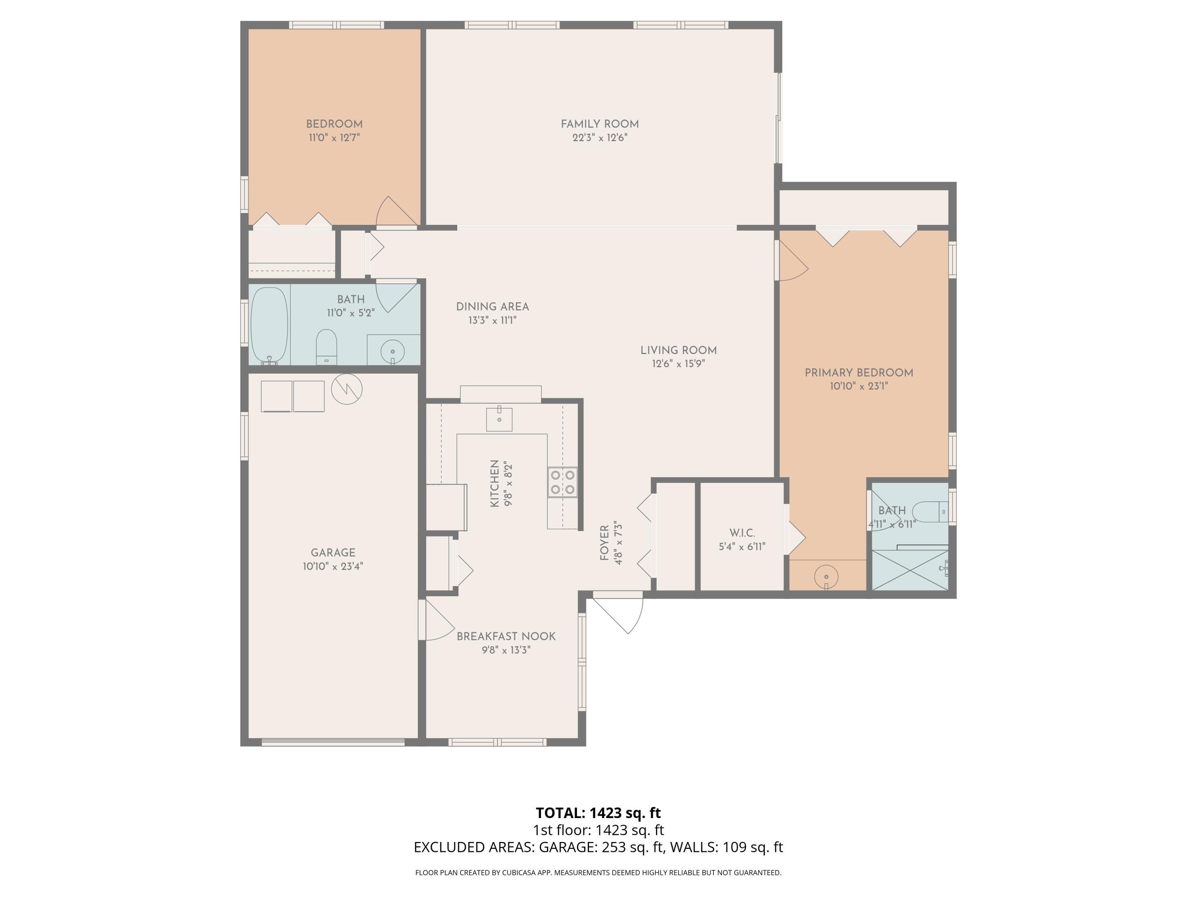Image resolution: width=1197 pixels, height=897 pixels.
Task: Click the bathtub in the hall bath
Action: (x=269, y=325)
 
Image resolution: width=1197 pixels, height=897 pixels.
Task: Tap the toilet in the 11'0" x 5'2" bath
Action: (x=326, y=346)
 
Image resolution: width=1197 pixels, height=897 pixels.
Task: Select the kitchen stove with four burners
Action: (x=562, y=482)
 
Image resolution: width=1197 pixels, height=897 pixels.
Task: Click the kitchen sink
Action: (x=499, y=419)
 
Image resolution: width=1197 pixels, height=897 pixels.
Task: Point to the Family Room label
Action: (x=600, y=124)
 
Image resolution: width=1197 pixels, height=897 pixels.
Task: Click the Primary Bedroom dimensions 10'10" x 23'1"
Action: (x=859, y=386)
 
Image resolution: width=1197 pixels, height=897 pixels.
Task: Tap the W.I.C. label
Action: (x=742, y=533)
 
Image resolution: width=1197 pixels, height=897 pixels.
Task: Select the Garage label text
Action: (x=333, y=553)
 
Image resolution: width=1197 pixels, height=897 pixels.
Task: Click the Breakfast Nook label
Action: (x=506, y=636)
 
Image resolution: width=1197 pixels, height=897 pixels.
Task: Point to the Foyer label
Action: (x=604, y=543)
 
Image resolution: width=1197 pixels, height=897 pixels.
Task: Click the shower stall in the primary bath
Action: (x=910, y=570)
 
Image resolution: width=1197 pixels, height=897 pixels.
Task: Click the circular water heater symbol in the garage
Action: (x=346, y=389)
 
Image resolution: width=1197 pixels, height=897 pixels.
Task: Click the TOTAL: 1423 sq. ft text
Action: (x=598, y=812)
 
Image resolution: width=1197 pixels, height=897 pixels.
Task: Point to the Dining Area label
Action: (x=492, y=307)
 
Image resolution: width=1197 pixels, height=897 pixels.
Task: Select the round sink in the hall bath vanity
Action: (x=393, y=352)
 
